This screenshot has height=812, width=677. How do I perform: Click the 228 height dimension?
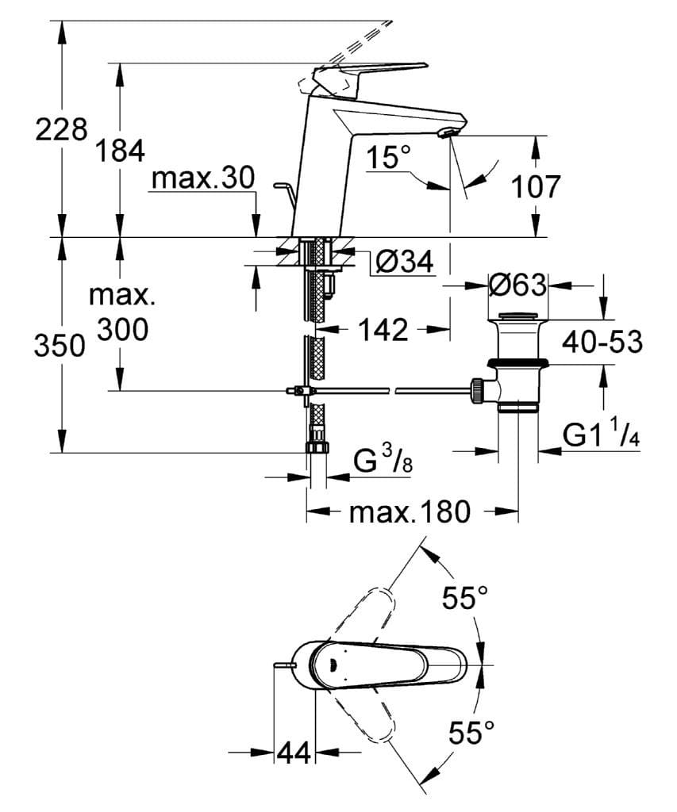(x=60, y=128)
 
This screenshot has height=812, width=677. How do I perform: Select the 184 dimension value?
(x=120, y=150)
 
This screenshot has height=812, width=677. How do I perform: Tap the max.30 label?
(x=203, y=178)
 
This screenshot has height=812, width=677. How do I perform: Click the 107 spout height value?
(x=535, y=186)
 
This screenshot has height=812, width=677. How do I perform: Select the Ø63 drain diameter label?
(x=516, y=284)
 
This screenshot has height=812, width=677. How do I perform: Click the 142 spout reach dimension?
(x=383, y=329)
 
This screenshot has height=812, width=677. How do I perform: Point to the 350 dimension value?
(x=60, y=346)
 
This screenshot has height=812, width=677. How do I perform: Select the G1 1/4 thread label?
(x=601, y=435)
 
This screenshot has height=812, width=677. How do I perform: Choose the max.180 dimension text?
(x=410, y=511)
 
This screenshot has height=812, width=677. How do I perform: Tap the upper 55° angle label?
(x=465, y=598)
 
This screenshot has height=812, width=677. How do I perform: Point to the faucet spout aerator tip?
(x=448, y=134)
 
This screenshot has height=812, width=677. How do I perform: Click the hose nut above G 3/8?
(x=317, y=447)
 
